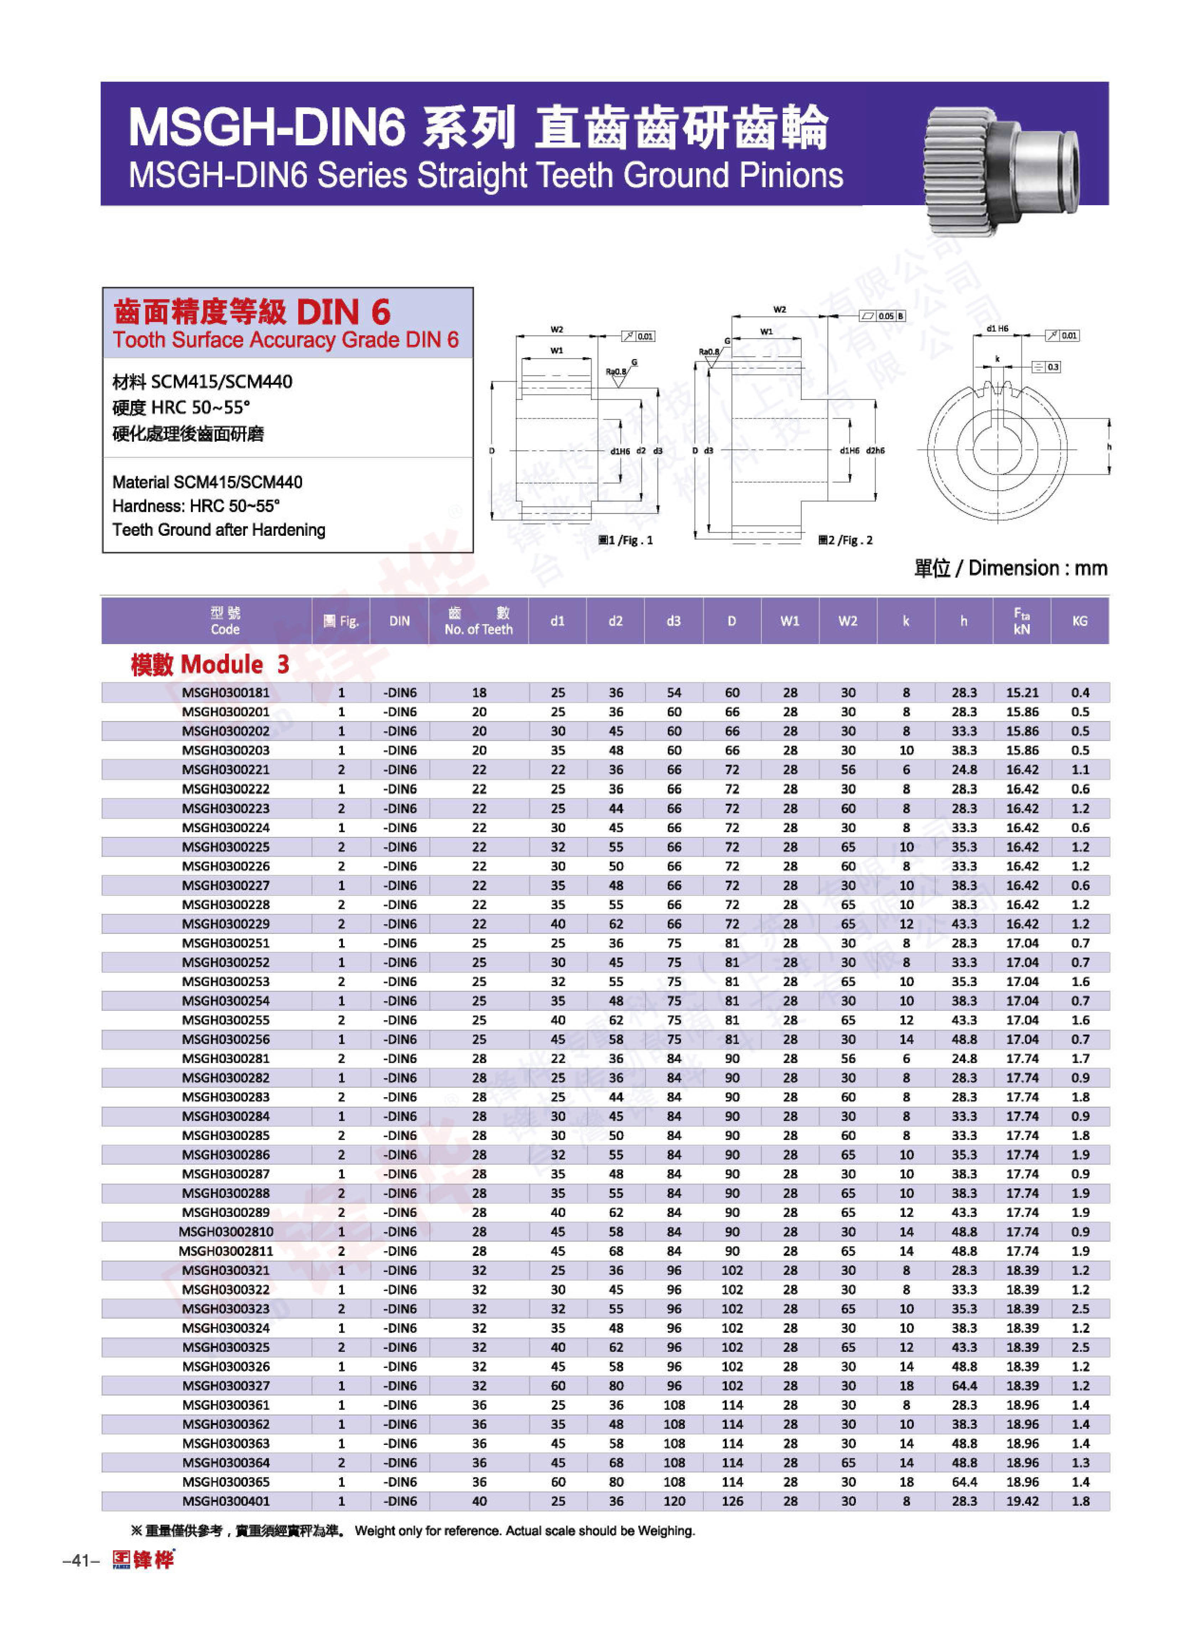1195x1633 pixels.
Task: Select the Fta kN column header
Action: pos(1022,621)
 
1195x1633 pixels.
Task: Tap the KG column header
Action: pos(1079,621)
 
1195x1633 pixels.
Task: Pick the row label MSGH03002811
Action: pos(226,1251)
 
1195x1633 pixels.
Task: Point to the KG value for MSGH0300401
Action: pos(1080,1501)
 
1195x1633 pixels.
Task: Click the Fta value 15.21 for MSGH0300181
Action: pos(1022,693)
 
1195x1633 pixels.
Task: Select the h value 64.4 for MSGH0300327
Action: pos(963,1385)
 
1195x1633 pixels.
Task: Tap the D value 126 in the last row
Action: pos(732,1501)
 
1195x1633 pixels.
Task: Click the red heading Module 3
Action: pos(210,664)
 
